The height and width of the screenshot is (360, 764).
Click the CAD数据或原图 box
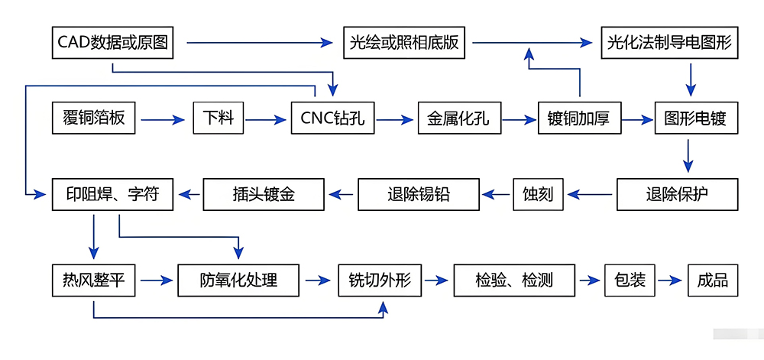click(x=112, y=42)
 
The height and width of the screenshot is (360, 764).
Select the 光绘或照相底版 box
click(x=404, y=42)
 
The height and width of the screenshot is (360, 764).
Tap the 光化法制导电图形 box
click(x=669, y=42)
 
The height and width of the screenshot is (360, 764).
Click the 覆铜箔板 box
click(x=94, y=118)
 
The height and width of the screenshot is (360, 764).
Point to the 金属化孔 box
click(x=459, y=118)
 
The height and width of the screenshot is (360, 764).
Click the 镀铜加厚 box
click(x=579, y=118)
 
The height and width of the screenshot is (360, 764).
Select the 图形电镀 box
click(x=696, y=118)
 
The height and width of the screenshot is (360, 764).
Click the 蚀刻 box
click(x=538, y=194)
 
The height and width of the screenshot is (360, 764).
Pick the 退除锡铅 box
click(x=419, y=194)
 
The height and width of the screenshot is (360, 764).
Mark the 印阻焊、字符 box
click(x=112, y=194)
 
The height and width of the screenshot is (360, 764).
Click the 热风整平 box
click(x=93, y=281)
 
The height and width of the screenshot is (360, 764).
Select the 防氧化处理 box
click(x=239, y=281)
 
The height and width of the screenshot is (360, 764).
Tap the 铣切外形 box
click(x=379, y=281)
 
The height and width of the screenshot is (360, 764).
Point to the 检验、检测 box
click(x=513, y=281)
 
